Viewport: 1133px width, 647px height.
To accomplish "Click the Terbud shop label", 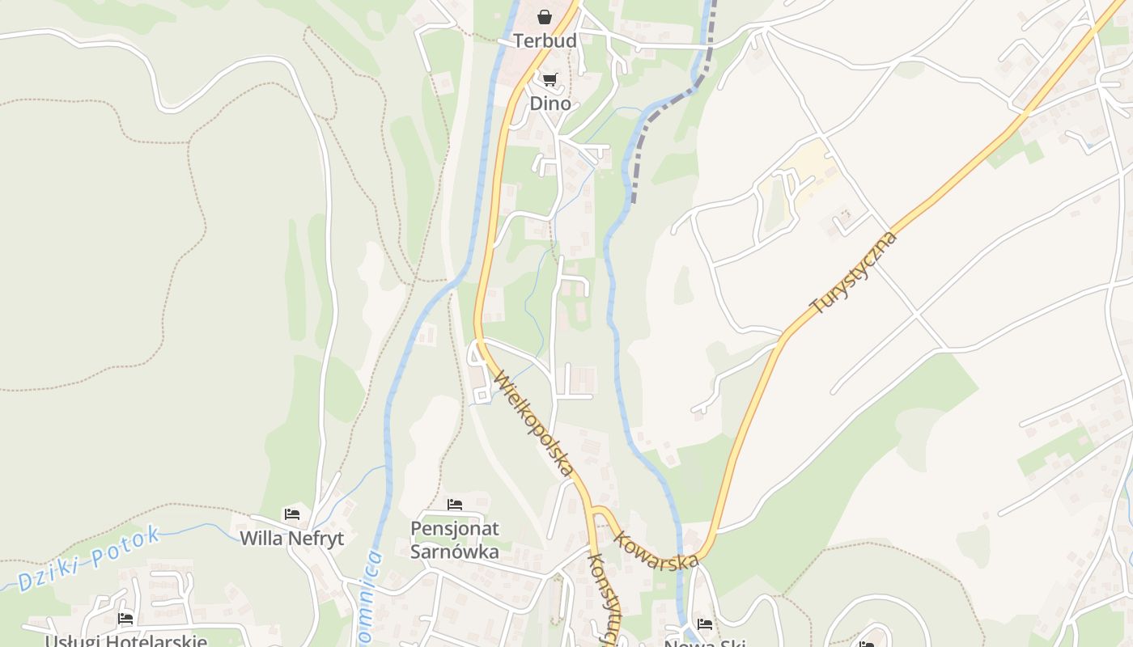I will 545,40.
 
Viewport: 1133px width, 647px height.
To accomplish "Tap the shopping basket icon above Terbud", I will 545,17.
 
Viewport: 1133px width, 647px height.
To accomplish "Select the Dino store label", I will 550,104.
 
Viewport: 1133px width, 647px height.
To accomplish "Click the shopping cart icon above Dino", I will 550,79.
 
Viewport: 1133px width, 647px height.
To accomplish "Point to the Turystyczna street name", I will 854,273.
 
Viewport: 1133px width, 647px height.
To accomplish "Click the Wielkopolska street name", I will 535,423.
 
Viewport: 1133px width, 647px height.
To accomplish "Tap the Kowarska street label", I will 656,550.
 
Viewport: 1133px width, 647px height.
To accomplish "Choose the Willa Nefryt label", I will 292,538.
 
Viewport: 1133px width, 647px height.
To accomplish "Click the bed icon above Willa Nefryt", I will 292,514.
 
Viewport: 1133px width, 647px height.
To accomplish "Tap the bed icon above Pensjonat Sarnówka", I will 455,505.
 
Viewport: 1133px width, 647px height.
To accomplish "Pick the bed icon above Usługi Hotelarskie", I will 125,619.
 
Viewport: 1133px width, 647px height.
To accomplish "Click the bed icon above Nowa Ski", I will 705,624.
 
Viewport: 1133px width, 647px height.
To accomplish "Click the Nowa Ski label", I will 704,643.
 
